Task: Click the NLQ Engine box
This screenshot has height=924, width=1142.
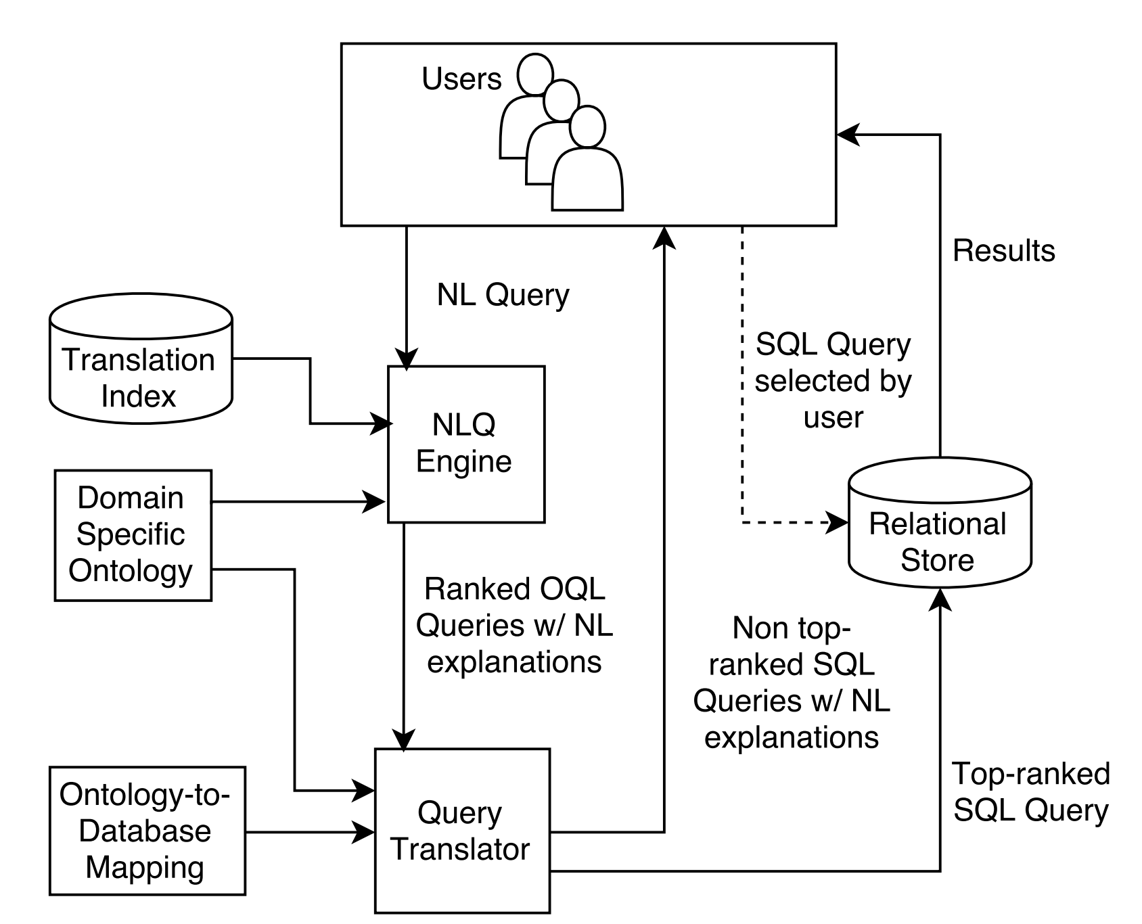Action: click(466, 444)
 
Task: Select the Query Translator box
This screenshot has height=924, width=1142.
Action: click(463, 831)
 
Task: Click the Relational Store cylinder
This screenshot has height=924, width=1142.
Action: click(940, 523)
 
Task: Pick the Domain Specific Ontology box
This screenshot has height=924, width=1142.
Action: click(133, 535)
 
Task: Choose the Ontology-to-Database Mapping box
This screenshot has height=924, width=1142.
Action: click(147, 831)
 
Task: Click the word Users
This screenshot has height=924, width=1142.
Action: click(461, 79)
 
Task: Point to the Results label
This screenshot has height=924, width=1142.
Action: click(1004, 251)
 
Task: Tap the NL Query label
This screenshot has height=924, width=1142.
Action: click(503, 296)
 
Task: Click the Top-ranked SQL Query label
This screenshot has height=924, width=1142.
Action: click(1031, 792)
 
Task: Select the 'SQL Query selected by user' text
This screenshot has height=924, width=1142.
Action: click(833, 381)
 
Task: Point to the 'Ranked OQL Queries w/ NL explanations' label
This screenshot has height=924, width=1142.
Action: click(514, 626)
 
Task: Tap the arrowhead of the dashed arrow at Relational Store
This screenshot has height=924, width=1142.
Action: click(839, 522)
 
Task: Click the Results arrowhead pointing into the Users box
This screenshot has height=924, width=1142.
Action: click(848, 135)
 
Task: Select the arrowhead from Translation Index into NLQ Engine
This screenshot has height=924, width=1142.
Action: click(384, 424)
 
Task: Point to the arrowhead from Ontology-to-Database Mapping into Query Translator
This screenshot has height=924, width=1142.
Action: click(365, 831)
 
